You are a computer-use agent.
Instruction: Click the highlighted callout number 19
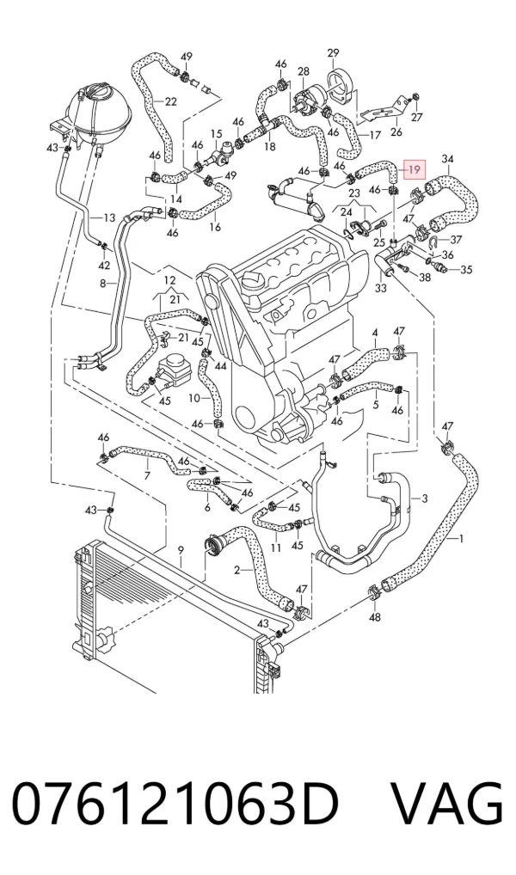tap(414, 169)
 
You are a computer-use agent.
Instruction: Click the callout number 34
tap(447, 160)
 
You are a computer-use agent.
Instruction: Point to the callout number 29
tap(333, 53)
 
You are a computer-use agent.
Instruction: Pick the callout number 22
tap(171, 101)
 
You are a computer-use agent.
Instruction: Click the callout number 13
tap(109, 217)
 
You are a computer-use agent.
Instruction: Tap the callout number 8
tap(102, 284)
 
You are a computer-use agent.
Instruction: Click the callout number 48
tap(375, 616)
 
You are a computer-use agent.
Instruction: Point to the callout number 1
tap(461, 539)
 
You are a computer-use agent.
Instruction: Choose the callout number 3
tap(425, 499)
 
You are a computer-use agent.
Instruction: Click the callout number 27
tap(417, 117)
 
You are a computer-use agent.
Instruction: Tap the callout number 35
tap(466, 270)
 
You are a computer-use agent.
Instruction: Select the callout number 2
tap(236, 570)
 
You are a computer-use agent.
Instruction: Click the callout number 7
tap(147, 475)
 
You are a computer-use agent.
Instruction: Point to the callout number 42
tap(104, 265)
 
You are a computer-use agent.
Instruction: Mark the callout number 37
tap(457, 240)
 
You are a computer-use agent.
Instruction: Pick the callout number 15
tap(216, 134)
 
